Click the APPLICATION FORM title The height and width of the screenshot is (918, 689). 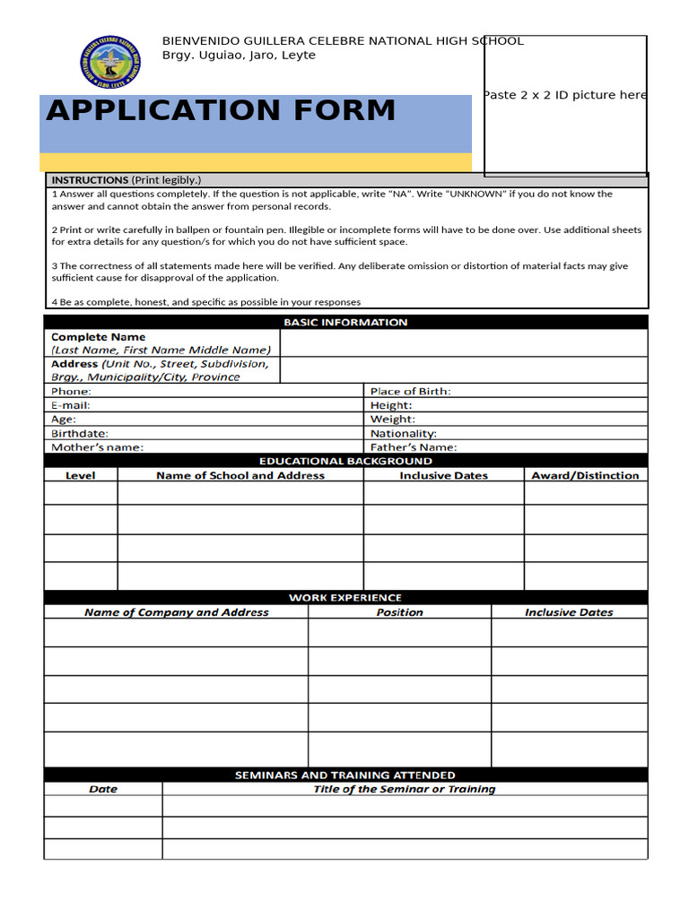221,110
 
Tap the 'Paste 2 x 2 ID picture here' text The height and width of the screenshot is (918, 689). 564,95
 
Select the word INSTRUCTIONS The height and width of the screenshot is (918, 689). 90,179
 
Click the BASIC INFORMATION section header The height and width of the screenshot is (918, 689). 345,322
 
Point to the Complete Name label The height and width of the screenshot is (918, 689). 99,337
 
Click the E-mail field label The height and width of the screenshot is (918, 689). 71,405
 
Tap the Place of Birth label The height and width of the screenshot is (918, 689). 410,391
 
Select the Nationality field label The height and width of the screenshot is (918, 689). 404,433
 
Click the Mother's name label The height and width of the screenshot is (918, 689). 97,446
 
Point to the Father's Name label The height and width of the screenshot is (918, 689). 414,446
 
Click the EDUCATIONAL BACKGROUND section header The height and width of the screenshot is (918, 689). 345,461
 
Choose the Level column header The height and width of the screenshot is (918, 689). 81,475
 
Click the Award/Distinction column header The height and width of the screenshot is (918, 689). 585,475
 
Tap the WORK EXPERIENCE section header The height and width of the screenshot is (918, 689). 345,597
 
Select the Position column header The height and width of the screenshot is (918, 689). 399,612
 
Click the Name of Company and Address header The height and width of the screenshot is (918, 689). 176,612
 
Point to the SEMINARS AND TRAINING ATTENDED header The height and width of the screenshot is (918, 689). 345,775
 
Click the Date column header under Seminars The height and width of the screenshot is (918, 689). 103,789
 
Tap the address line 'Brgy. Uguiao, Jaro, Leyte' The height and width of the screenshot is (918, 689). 239,56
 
